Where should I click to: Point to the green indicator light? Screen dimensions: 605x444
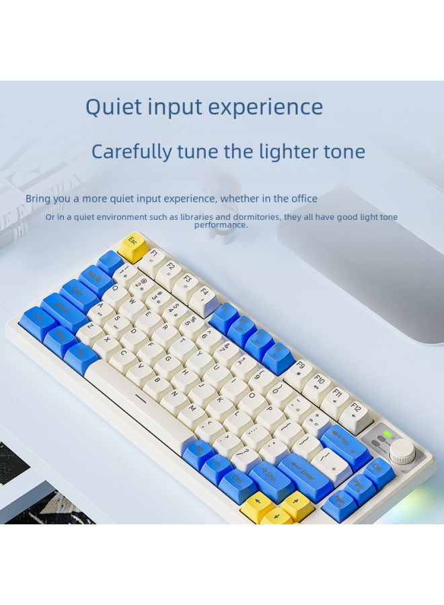coord(387,434)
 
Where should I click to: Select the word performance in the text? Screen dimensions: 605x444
coord(221,225)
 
